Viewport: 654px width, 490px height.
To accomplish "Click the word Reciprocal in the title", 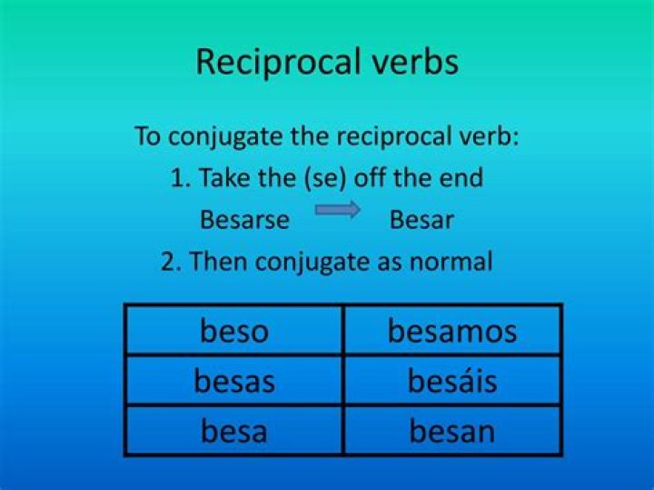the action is (278, 62).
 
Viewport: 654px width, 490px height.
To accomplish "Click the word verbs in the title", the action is (414, 62).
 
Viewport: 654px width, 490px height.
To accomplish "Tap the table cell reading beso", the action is (234, 330).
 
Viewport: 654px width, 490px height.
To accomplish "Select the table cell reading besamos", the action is (452, 330).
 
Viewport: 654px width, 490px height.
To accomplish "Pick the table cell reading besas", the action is (234, 380).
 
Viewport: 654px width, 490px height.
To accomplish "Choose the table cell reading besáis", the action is (452, 380).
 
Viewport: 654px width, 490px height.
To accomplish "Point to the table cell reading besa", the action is (234, 430).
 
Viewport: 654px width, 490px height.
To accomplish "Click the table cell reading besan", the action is (452, 430).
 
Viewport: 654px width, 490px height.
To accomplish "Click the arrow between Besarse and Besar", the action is (337, 209).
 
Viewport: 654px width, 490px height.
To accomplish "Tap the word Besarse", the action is (245, 220).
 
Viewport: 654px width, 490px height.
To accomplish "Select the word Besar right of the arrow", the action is (421, 220).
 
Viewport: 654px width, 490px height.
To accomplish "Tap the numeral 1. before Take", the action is (181, 178).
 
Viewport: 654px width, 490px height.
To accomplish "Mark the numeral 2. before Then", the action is (171, 262).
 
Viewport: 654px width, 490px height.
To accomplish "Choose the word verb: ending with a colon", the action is (487, 136).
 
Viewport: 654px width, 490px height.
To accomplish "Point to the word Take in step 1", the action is (224, 177).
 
